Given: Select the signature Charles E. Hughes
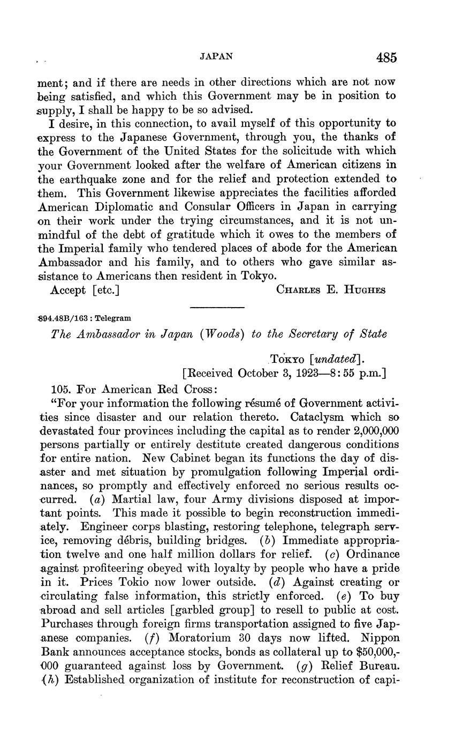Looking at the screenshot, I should [331, 290].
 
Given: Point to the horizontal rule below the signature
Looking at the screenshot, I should [217, 307].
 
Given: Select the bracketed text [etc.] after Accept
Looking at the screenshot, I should [105, 290].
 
